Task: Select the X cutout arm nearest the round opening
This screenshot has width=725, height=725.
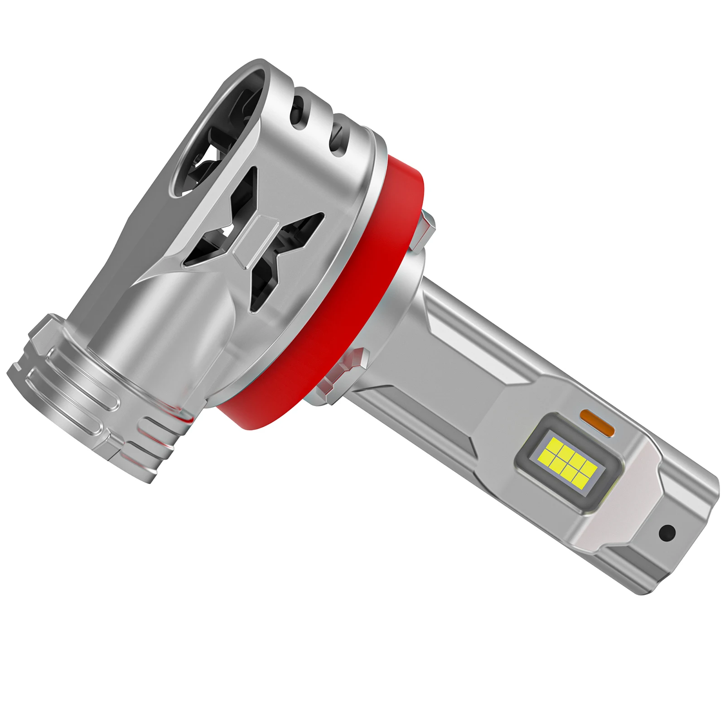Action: click(x=240, y=190)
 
